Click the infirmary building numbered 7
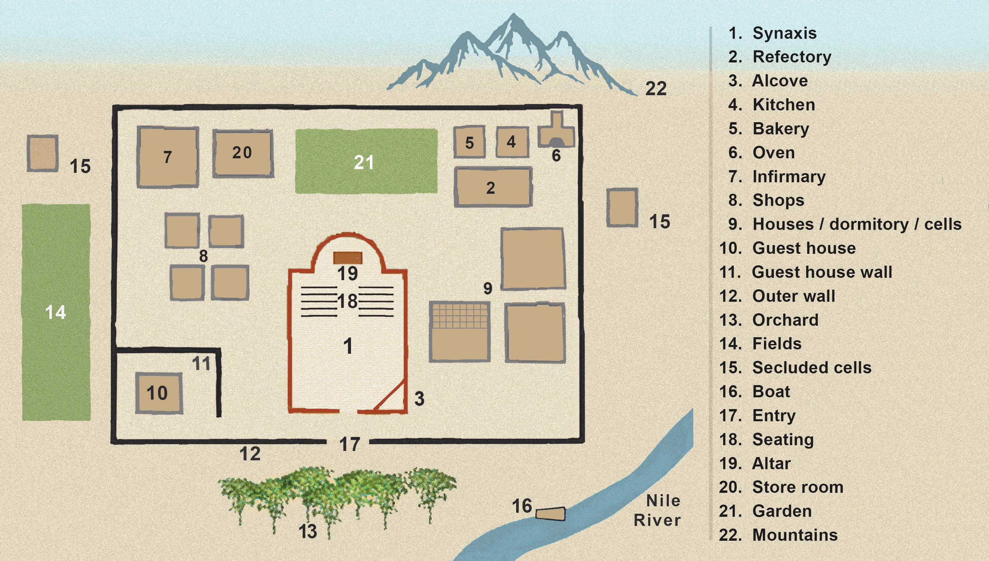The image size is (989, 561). pos(168,157)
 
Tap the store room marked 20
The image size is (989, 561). pos(243,153)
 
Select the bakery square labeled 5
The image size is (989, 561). pos(469,142)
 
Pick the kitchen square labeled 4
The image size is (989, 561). pos(512,142)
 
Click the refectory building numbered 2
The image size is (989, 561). pos(493,187)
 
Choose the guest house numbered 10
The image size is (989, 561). pos(158,393)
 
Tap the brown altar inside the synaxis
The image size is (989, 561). pos(348,258)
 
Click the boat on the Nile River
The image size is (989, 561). pos(551,514)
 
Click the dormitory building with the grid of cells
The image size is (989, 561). pos(460,331)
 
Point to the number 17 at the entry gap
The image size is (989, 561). pos(350,444)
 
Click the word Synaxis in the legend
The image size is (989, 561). pos(784,33)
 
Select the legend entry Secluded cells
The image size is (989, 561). pos(812,368)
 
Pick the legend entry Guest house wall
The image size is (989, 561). pos(822,272)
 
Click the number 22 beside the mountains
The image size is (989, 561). pos(656,89)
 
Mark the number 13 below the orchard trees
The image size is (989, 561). pos(307,531)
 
